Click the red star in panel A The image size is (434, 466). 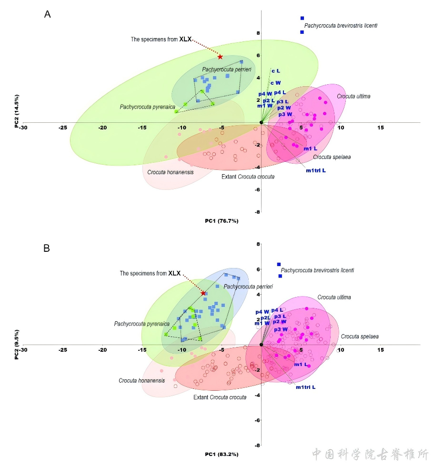tap(220, 57)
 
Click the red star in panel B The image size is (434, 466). tap(203, 293)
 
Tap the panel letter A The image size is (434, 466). tap(48, 14)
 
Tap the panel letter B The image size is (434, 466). tap(47, 248)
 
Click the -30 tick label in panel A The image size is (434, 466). tap(23, 128)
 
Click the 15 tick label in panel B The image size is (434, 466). tap(380, 350)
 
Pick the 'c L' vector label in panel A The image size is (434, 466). tap(275, 71)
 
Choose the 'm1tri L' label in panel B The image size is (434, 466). tap(305, 387)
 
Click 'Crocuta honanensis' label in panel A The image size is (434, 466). tap(170, 172)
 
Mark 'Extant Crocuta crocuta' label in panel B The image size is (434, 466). tap(220, 397)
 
